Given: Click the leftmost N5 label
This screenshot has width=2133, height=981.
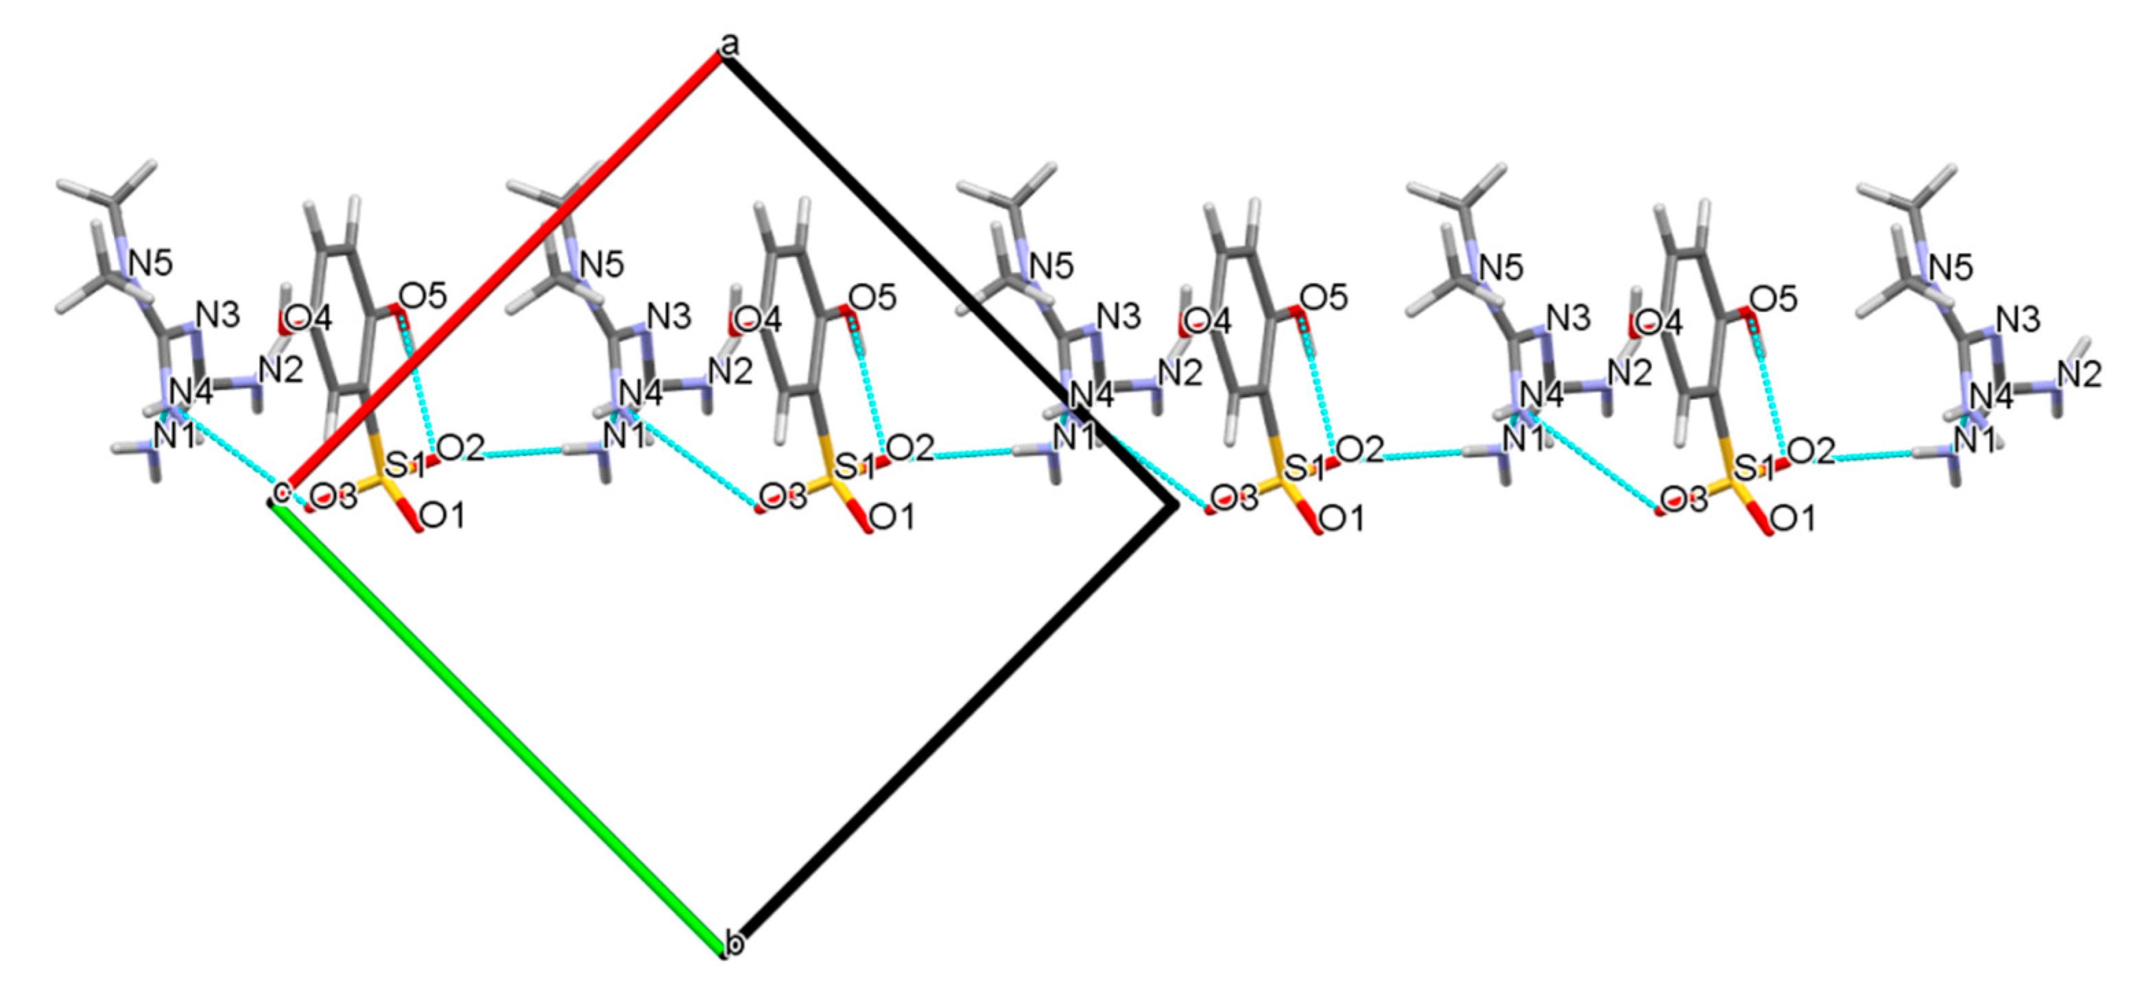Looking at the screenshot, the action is click(x=151, y=264).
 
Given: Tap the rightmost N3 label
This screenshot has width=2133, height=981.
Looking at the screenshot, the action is click(x=2018, y=319).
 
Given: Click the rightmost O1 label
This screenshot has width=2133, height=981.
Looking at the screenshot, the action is click(x=1792, y=519).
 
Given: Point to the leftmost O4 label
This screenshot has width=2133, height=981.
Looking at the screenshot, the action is click(x=308, y=319).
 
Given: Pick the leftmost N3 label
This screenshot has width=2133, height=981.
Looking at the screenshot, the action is click(x=219, y=315).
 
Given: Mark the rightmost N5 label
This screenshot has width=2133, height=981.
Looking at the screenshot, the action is click(x=1951, y=267).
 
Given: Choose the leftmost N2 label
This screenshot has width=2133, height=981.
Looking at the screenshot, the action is click(x=281, y=372).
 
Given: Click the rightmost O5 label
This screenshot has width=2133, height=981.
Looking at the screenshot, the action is click(x=1774, y=298).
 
